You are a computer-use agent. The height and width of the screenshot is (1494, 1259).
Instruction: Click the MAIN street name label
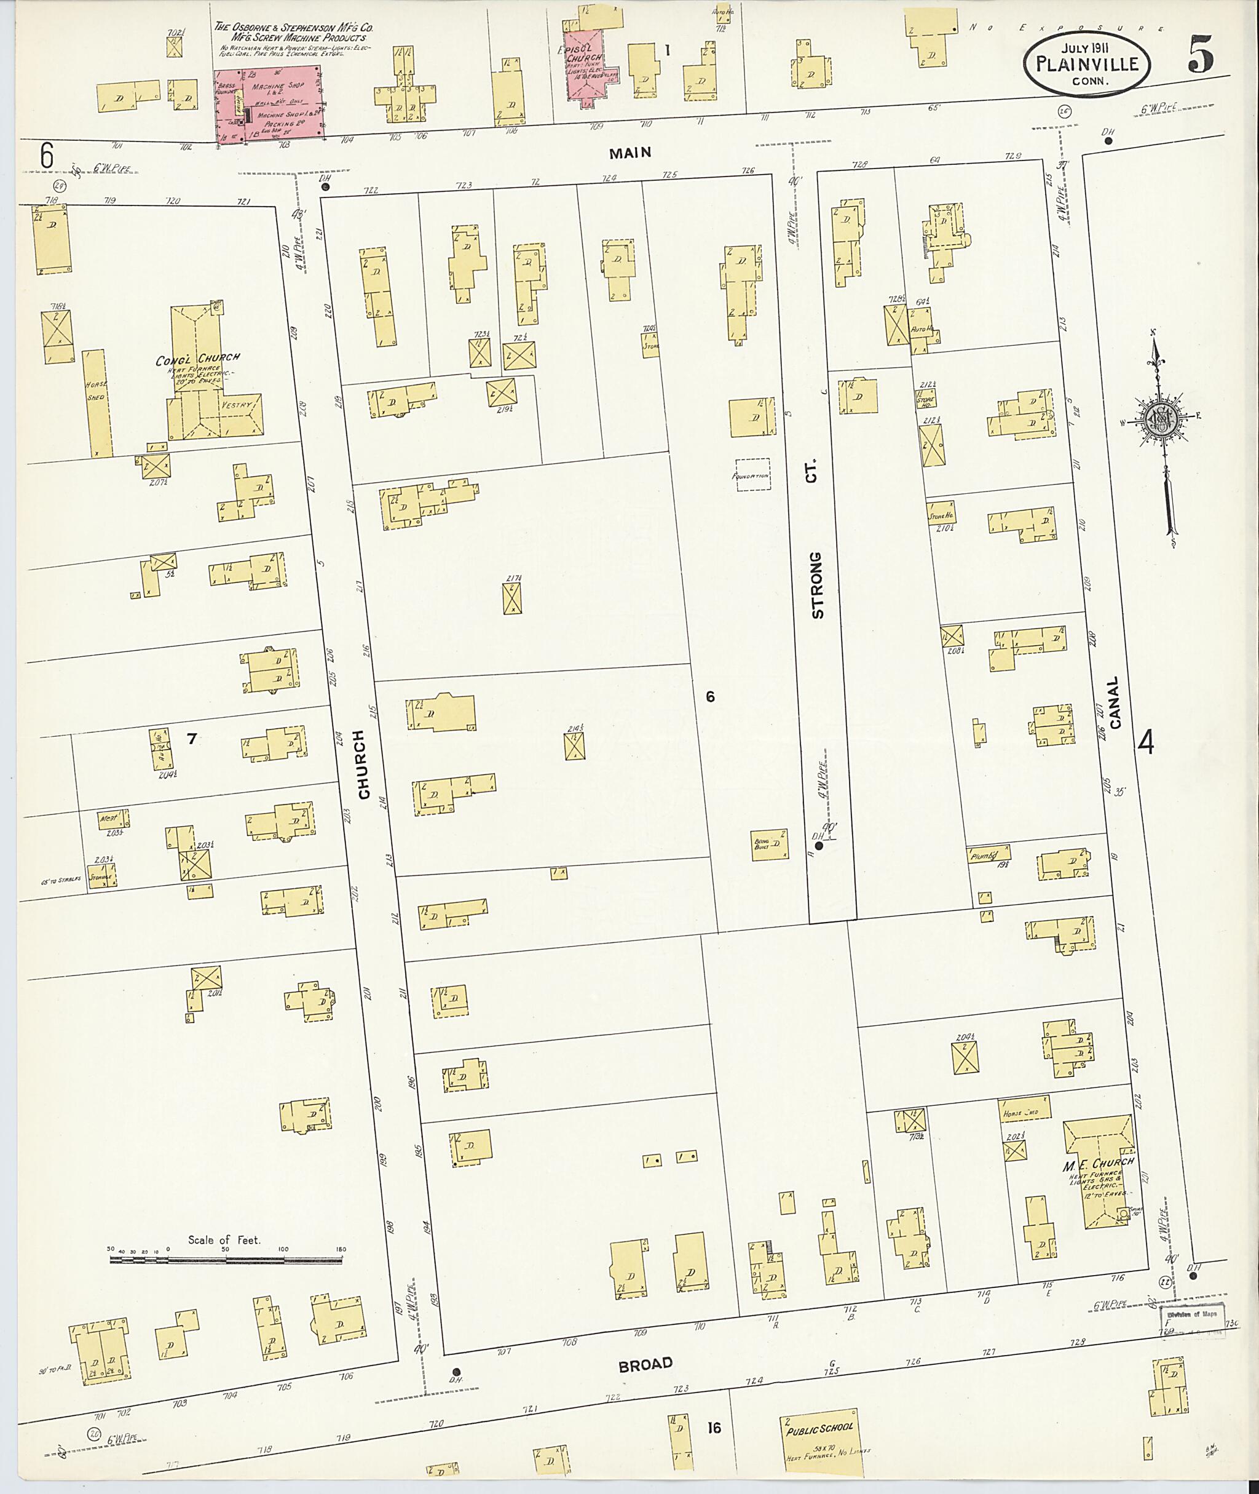630,153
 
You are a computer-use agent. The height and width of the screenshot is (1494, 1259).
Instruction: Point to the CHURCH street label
363,764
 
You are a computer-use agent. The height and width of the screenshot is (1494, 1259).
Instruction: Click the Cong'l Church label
198,358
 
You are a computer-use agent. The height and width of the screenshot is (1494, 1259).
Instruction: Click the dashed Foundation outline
753,474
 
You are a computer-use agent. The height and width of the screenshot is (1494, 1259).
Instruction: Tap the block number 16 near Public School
714,1428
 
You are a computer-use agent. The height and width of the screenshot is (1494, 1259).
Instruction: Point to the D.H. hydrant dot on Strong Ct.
819,846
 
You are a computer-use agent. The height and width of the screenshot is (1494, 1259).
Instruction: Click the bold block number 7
191,739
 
